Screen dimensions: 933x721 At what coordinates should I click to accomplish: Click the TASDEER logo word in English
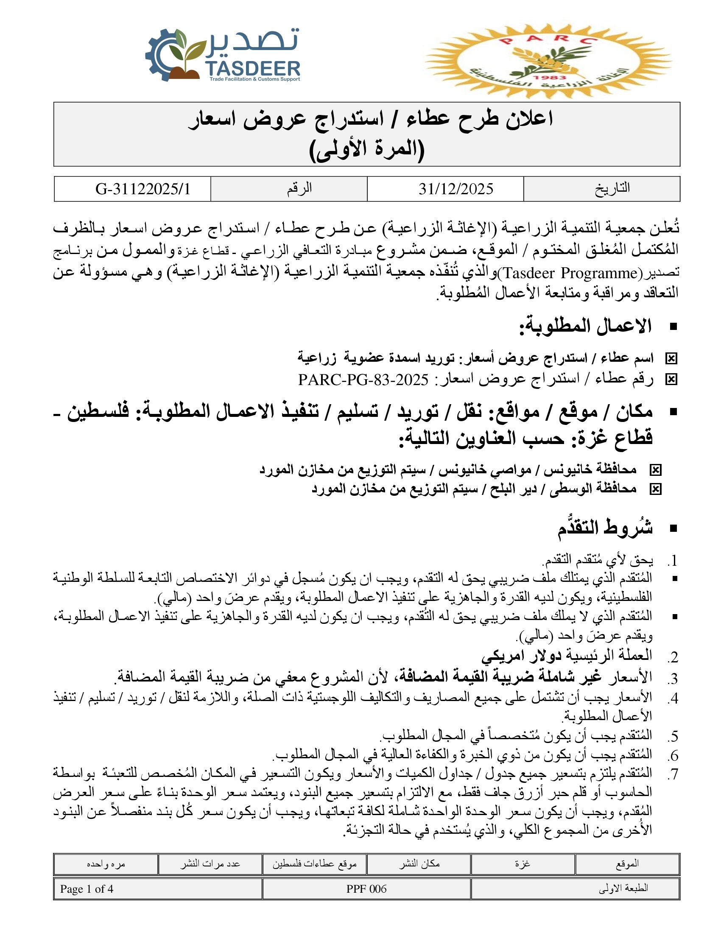[x=253, y=68]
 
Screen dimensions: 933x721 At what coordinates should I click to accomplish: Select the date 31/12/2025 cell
[x=456, y=189]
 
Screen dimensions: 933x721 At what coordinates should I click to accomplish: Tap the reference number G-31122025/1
[x=143, y=189]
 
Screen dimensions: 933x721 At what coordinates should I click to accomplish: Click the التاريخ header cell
[x=612, y=188]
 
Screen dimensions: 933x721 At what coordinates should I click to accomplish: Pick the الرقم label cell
[x=299, y=188]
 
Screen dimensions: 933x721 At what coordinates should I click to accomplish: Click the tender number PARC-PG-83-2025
[x=363, y=380]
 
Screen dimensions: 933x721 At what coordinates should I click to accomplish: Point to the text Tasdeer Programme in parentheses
[x=567, y=273]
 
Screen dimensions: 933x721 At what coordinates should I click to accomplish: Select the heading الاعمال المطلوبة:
[x=585, y=327]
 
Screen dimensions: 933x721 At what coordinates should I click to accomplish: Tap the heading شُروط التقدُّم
[x=605, y=528]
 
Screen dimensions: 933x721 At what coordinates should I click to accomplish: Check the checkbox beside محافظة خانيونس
[x=655, y=470]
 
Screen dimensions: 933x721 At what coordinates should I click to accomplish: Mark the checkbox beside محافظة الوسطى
[x=655, y=489]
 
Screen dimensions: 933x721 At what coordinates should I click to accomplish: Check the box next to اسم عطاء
[x=671, y=359]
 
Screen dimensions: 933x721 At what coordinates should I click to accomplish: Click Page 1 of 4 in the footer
[x=87, y=889]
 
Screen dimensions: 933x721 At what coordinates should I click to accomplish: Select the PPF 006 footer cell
[x=366, y=889]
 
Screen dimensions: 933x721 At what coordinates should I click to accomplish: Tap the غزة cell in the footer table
[x=523, y=864]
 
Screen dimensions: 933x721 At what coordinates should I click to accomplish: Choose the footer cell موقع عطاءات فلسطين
[x=314, y=864]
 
